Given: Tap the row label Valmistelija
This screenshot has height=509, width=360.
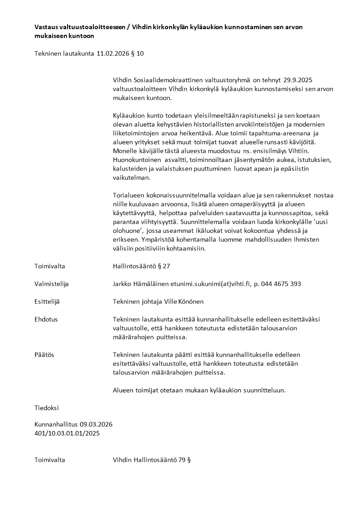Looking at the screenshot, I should (51, 284).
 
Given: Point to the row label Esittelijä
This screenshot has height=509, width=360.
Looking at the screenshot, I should (47, 301).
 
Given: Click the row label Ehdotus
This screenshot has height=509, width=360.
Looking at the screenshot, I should (46, 319).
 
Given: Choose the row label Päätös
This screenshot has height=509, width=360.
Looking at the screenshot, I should (44, 354).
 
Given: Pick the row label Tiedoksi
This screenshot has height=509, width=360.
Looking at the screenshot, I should (47, 407).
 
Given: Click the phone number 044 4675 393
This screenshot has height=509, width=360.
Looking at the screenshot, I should (282, 284).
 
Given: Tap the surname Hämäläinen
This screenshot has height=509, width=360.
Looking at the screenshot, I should (151, 284).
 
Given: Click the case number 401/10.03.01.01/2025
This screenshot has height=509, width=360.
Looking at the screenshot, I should (67, 433).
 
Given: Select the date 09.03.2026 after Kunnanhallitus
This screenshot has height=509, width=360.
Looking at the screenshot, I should (96, 425).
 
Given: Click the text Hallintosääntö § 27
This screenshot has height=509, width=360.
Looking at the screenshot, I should (141, 266).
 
